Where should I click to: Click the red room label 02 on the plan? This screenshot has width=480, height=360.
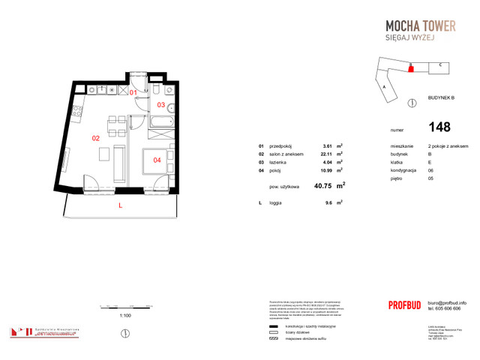(x=96, y=139)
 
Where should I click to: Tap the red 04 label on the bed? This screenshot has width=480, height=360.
(x=157, y=160)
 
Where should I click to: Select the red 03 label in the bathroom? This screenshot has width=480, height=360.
(x=160, y=105)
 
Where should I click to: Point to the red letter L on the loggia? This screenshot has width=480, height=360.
(x=119, y=205)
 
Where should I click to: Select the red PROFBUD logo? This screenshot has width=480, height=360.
(x=406, y=305)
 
